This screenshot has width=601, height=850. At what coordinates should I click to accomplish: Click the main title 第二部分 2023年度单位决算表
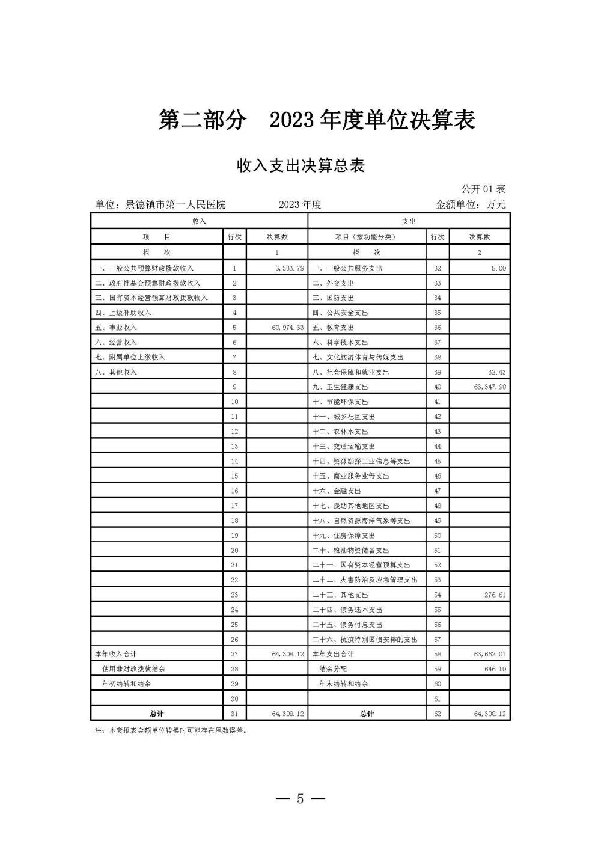pos(317,120)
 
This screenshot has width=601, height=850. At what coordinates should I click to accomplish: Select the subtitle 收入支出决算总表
pos(301,166)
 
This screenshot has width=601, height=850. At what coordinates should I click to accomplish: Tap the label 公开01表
pos(483,189)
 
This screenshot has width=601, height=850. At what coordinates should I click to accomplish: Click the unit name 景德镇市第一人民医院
pos(175,205)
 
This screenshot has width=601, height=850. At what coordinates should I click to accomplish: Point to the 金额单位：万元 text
pos(471,205)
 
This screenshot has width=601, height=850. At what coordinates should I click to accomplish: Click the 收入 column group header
pos(199,221)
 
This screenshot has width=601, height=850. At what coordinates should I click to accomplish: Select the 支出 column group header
pos(409,221)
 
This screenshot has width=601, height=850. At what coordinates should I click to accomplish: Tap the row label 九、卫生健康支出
pos(340,387)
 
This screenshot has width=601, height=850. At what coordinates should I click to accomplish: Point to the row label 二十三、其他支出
pos(340,595)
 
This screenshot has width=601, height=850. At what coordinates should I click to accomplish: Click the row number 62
pos(438,714)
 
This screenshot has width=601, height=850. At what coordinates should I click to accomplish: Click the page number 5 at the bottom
pos(300,799)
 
